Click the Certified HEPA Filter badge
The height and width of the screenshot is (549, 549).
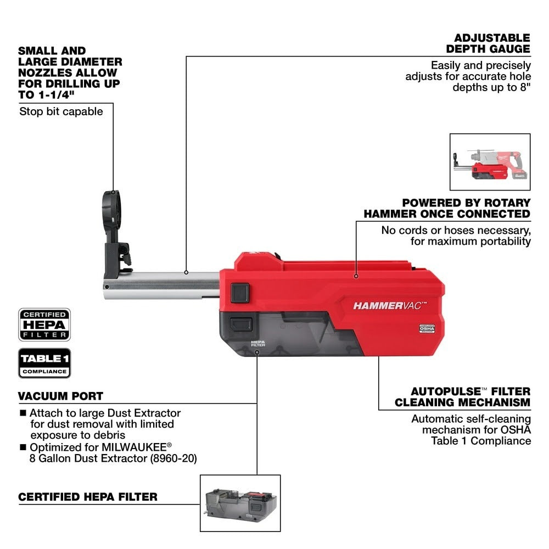point(44,324)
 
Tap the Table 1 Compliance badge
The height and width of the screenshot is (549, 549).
point(44,363)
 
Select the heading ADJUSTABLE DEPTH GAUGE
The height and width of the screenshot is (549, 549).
point(492,43)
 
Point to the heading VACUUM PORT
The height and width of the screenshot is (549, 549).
point(60,396)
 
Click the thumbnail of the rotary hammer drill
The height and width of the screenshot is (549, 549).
point(490,163)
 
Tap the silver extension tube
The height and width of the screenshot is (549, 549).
point(165,285)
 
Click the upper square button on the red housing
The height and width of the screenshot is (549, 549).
point(240,293)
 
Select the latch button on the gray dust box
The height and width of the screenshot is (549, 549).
point(240,323)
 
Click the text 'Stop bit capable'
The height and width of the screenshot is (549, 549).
point(61,111)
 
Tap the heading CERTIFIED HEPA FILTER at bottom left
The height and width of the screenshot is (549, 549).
point(88,497)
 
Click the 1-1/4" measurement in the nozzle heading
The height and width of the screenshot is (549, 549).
point(76,95)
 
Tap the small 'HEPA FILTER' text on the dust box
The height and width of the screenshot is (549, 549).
point(258,343)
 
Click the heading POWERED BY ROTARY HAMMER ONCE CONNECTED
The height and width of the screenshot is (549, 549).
point(447,209)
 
